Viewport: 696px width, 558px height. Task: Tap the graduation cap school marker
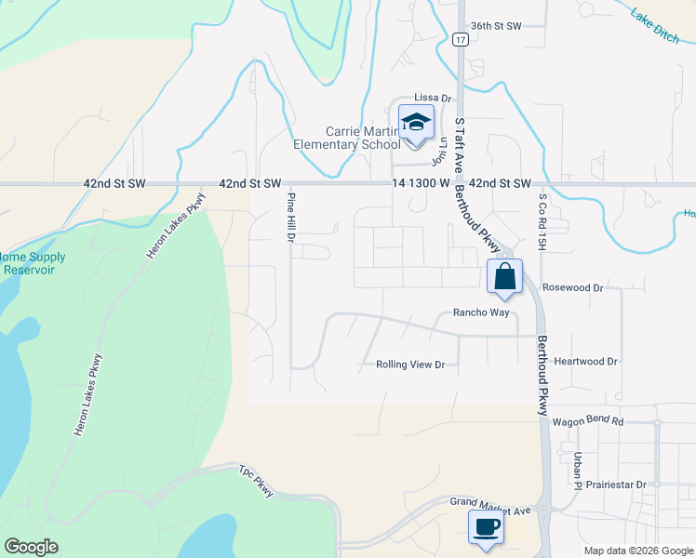(x=416, y=124)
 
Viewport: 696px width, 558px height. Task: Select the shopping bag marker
(x=504, y=277)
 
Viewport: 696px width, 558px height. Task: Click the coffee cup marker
(x=487, y=528)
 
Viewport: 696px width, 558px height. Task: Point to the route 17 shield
(x=460, y=40)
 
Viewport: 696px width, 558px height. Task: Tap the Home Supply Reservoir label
(x=32, y=263)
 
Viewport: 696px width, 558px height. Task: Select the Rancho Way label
(x=481, y=313)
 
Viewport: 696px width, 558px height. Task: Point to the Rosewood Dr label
(x=573, y=288)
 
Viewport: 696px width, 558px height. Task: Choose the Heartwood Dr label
(x=585, y=361)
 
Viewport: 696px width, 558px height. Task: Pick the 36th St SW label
(x=497, y=26)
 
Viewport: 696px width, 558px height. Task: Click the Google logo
(x=31, y=547)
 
